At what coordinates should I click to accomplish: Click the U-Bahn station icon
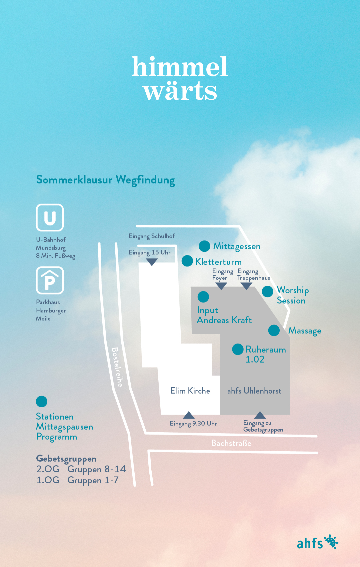[x=50, y=218]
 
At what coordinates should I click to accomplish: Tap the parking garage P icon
[x=50, y=280]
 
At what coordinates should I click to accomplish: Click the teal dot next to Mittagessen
[x=204, y=246]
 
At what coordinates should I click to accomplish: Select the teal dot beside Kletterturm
[x=187, y=261]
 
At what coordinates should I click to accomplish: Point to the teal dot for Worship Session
[x=267, y=292]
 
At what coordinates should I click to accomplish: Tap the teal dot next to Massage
[x=274, y=330]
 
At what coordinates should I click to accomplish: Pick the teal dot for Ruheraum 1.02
[x=238, y=349]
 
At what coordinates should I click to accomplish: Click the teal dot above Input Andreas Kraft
[x=203, y=297]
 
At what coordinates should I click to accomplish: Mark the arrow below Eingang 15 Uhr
[x=152, y=262]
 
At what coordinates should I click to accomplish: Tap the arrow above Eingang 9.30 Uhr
[x=189, y=415]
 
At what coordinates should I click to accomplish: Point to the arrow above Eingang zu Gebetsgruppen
[x=260, y=415]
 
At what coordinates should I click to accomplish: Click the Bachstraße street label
[x=231, y=443]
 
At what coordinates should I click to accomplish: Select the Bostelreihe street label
[x=117, y=367]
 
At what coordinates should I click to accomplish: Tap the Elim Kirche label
[x=190, y=391]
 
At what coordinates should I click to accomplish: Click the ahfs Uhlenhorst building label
[x=254, y=391]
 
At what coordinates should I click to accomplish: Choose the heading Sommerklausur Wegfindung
[x=105, y=180]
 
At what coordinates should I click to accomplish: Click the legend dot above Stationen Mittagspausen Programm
[x=41, y=402]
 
